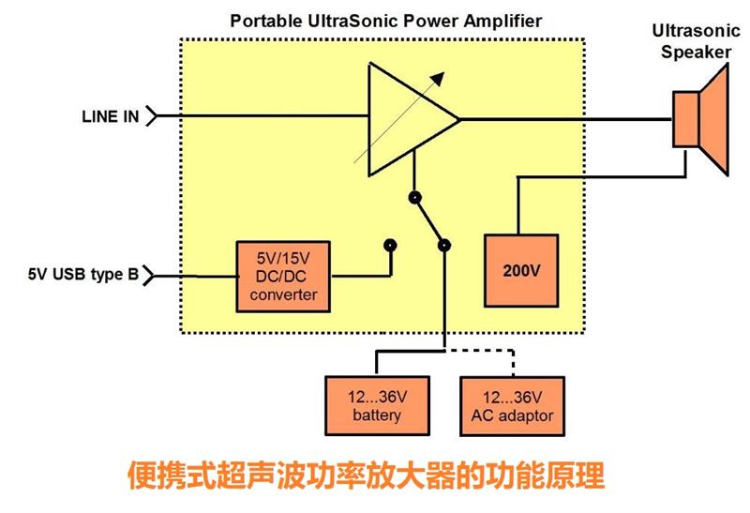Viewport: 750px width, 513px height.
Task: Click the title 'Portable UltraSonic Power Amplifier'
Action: click(x=385, y=21)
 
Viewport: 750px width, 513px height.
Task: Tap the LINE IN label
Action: click(x=109, y=117)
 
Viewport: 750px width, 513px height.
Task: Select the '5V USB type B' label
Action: click(x=82, y=275)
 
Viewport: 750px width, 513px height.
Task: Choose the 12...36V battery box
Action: click(x=377, y=405)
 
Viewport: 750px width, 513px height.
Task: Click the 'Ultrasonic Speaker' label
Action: click(x=695, y=42)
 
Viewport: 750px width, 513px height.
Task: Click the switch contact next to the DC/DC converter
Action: click(x=390, y=246)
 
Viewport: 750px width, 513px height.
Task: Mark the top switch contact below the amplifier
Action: click(x=412, y=198)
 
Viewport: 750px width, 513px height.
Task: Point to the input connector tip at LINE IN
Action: click(x=150, y=117)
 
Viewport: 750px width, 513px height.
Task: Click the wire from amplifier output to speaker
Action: click(x=562, y=119)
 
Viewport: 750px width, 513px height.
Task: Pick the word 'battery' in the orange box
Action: click(x=377, y=415)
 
